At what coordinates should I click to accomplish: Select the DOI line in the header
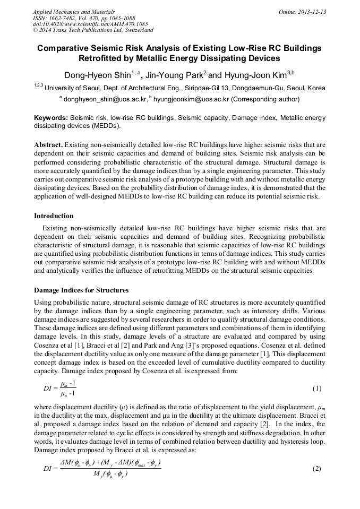tap(90, 24)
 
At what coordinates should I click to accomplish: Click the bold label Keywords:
tap(51, 118)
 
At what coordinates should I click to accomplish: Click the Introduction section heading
tap(54, 216)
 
